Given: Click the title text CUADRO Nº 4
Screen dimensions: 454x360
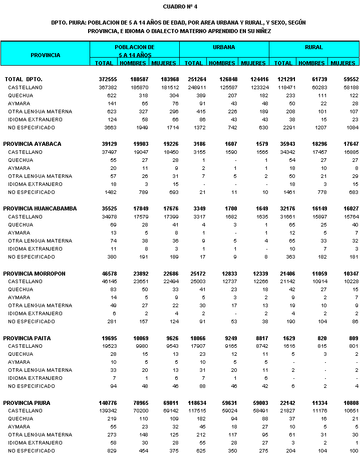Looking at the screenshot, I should (180, 7).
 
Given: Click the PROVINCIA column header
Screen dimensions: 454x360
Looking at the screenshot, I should (45, 55).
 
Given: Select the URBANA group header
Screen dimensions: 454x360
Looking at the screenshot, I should (224, 47).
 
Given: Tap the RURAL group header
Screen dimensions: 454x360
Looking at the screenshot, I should (314, 47).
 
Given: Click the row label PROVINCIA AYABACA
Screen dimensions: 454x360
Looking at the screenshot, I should (32, 144).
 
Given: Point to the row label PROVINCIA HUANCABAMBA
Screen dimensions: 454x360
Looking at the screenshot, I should (40, 208).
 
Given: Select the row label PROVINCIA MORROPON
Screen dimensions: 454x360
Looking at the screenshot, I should (34, 273).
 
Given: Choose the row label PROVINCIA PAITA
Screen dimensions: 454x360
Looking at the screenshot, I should (27, 338).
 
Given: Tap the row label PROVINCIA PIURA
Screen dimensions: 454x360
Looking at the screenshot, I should (27, 402).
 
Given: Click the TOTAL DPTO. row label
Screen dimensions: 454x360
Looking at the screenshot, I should (24, 79).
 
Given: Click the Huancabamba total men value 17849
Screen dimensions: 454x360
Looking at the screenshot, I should (137, 208).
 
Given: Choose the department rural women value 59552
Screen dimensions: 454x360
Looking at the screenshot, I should (346, 79).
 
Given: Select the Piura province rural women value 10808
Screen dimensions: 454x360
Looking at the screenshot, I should (346, 402).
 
